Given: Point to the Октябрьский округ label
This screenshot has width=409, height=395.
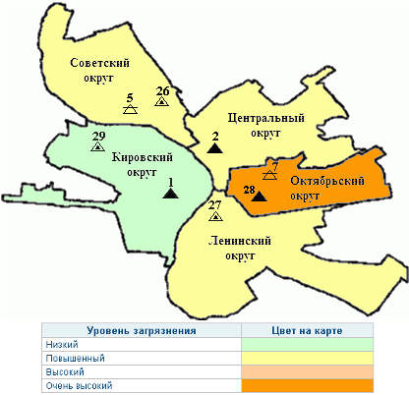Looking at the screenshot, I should coord(327,188).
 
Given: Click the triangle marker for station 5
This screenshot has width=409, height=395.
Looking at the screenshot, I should coord(130,110).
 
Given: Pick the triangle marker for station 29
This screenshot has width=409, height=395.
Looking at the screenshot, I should coord(98,146).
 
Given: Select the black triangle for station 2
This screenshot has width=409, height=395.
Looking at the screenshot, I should coord(214,148).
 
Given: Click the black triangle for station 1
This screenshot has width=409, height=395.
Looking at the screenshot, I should coord(170,194).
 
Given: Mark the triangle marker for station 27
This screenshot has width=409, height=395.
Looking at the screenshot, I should coord(216,217).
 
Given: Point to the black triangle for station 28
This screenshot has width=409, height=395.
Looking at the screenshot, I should coord(258,197).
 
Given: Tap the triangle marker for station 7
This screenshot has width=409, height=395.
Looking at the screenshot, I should coord(270,175).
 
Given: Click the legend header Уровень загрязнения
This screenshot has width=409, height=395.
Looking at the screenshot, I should coord(142,330).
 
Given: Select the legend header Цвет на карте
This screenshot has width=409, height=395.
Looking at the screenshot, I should coord(306,330).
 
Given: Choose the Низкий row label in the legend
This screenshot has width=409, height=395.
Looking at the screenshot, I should coord(62,345).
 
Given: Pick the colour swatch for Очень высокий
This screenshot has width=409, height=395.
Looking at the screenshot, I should coord(306,386).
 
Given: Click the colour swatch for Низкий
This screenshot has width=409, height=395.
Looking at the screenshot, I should coord(306,345).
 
